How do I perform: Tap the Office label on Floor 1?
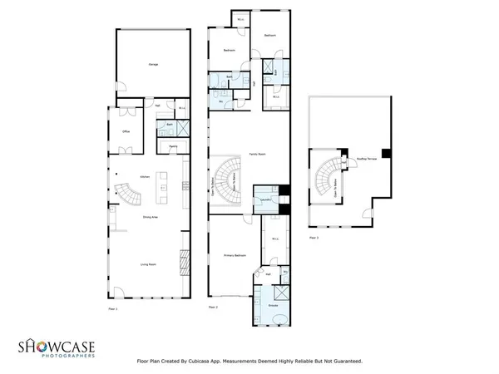[x=125, y=131]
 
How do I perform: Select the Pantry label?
[x=173, y=147]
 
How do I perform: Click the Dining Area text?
[x=151, y=218]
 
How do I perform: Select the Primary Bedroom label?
[x=235, y=256]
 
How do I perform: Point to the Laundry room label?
[x=264, y=201]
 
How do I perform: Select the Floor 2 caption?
[x=214, y=308]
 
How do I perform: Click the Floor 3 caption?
[x=314, y=238]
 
